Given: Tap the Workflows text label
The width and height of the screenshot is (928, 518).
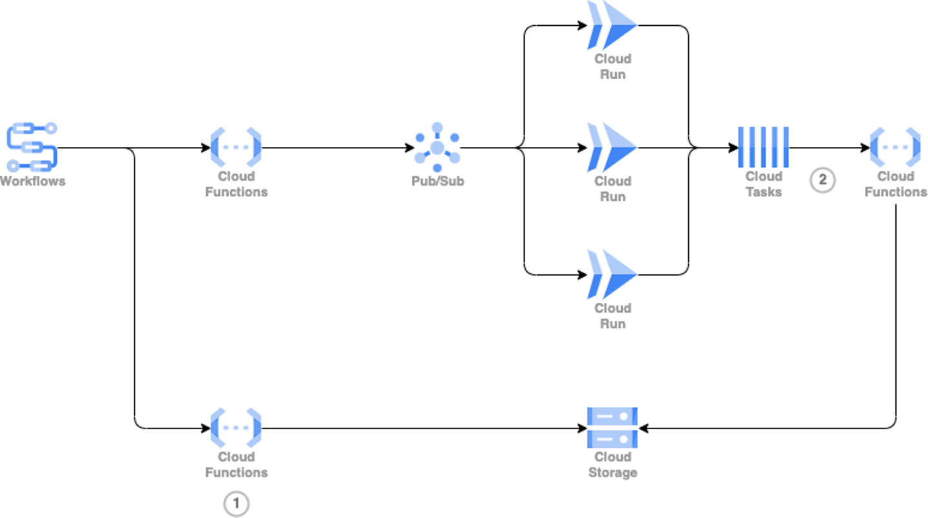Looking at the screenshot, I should tap(32, 181).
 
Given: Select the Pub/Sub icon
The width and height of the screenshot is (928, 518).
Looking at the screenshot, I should tap(438, 148).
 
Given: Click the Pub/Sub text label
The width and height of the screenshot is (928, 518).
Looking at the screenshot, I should tap(438, 181).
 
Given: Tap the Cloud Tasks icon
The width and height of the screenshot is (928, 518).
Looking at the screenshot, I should tap(764, 148).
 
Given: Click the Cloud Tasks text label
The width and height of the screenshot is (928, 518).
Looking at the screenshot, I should tap(764, 184).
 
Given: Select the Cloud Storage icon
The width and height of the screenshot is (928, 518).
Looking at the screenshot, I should tap(612, 427).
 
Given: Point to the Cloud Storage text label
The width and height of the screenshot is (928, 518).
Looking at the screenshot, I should tap(612, 465).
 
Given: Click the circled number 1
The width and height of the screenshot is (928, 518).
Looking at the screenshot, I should tap(236, 504).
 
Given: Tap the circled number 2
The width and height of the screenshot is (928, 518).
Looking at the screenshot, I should tap(822, 180).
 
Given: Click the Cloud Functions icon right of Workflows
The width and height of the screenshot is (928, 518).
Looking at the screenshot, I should tap(236, 148).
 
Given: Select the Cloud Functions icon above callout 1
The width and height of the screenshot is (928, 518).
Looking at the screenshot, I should tap(236, 427).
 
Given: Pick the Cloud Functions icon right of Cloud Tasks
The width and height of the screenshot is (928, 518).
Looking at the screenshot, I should tap(895, 148).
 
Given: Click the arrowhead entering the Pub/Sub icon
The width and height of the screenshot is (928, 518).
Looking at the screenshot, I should tap(410, 148).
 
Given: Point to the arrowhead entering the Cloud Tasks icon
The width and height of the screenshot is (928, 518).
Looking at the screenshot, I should tap(734, 148).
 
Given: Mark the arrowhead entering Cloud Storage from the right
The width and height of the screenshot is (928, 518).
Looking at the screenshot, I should tap(643, 428).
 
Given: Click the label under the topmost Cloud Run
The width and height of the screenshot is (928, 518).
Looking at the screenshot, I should tap(612, 66).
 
